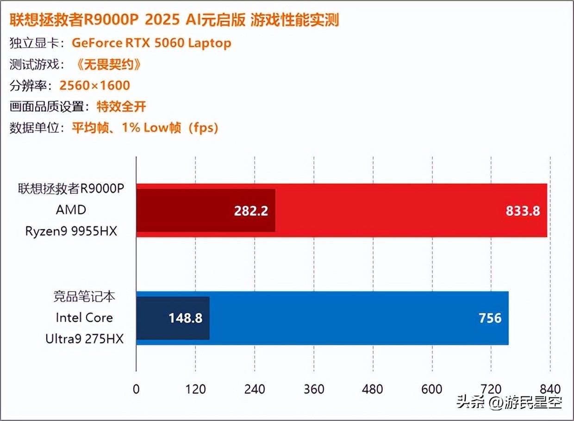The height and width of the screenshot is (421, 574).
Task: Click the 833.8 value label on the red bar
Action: [x=523, y=211]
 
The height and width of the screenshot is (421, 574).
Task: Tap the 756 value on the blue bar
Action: [x=490, y=318]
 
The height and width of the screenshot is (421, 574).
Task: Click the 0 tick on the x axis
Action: [x=136, y=389]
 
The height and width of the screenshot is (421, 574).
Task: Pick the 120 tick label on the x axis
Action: [x=195, y=389]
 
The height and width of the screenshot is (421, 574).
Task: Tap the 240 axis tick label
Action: [x=255, y=389]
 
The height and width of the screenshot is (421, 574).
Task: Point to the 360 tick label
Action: [x=314, y=389]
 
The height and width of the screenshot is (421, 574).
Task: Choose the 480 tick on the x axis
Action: [x=373, y=389]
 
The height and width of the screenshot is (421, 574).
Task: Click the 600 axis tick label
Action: [x=432, y=389]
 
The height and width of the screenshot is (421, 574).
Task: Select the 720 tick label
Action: [x=491, y=389]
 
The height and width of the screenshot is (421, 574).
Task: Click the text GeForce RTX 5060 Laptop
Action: [x=151, y=43]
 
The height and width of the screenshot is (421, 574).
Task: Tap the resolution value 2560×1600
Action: [x=95, y=86]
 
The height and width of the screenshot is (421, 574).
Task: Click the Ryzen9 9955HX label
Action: [x=72, y=230]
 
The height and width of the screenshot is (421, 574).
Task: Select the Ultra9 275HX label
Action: [x=85, y=339]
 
